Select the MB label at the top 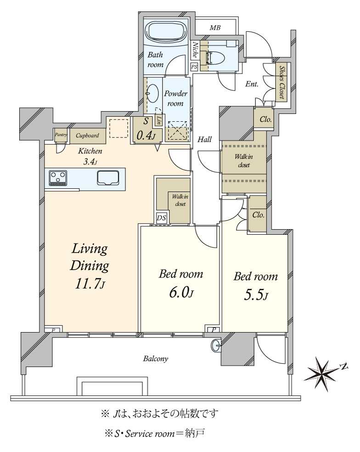click(215, 28)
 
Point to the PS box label click(194, 67)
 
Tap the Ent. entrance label click(252, 84)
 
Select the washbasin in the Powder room click(153, 93)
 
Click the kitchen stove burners click(58, 178)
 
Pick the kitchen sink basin click(108, 178)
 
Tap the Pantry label click(61, 135)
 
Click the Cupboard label click(87, 135)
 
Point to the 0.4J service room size click(146, 136)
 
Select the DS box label click(162, 218)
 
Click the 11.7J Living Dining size click(90, 284)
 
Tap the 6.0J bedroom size click(181, 293)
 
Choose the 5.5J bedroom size click(256, 295)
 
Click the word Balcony click(156, 359)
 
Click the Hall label click(205, 140)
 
